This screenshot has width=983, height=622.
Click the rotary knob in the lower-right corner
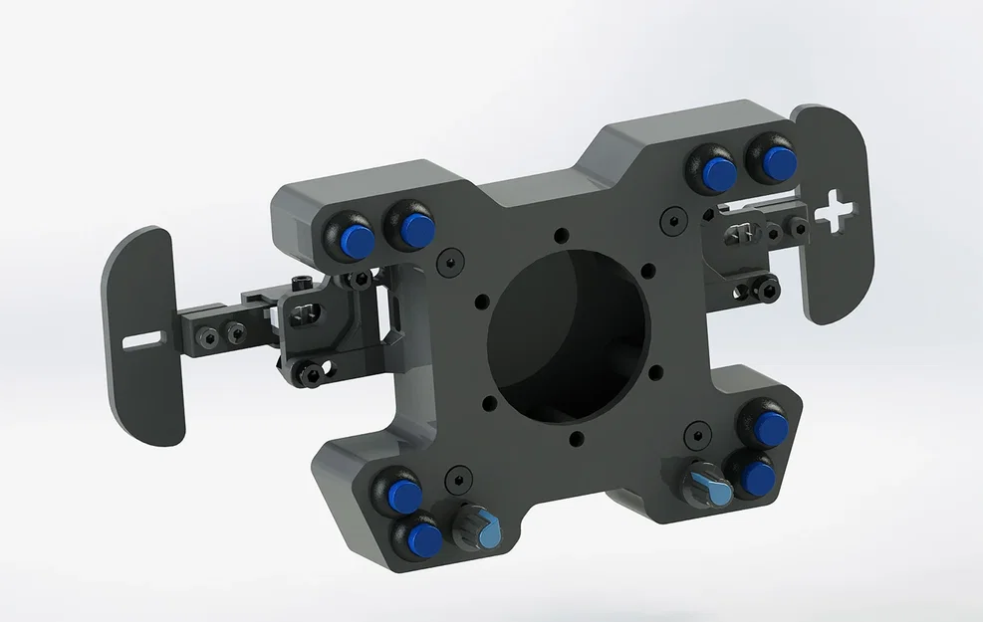708,486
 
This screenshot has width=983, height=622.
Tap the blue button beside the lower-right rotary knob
757,477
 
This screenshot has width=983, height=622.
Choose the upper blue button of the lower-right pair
769,428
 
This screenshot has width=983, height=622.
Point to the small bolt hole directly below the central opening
576,438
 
